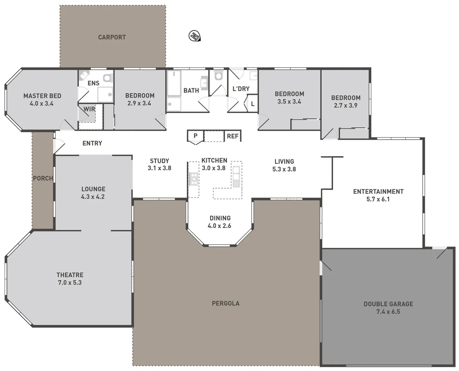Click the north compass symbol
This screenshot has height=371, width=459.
point(194,36)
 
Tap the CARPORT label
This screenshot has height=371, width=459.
point(112,37)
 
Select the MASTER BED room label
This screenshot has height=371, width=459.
point(42,96)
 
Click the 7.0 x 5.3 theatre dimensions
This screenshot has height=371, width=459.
point(70,283)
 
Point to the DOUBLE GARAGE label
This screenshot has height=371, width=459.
point(388,304)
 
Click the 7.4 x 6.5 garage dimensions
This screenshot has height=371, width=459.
point(388,312)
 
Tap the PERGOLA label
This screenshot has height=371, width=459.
point(226,303)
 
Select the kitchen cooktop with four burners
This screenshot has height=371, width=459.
point(194,179)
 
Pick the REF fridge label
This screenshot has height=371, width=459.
point(232,136)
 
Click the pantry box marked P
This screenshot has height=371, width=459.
point(195,136)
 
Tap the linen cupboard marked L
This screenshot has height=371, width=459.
point(253,104)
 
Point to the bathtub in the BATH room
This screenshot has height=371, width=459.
point(174,83)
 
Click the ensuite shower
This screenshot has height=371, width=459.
point(105,94)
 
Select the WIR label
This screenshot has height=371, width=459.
point(89,109)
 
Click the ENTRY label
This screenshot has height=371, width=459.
point(92,143)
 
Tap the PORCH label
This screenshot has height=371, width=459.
point(43,178)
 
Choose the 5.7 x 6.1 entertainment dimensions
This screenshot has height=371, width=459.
point(378,199)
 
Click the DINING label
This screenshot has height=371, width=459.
point(220,218)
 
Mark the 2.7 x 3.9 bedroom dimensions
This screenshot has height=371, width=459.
point(346,105)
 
